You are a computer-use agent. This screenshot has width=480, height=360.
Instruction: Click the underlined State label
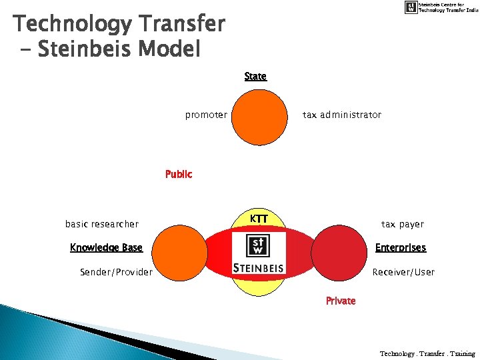coord(255,77)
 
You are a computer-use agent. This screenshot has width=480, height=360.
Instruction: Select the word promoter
coord(206,115)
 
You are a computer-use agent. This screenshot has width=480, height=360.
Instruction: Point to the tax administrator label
coord(342,115)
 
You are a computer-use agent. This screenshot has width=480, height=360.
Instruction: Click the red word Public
coord(179,175)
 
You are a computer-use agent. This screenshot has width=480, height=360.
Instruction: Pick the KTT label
coord(259,219)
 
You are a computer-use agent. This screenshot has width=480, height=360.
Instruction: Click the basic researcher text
coord(102,224)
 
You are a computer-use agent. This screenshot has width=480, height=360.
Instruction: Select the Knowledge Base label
coord(106,248)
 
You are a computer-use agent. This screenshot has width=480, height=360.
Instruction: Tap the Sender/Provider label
coord(116,272)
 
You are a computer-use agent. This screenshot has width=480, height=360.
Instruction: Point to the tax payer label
coord(402,224)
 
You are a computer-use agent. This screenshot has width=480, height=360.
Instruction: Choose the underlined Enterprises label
coord(400,248)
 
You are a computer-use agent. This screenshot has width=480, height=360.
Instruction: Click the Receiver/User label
coord(403,272)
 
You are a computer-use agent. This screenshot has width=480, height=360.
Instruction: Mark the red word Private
coord(341,301)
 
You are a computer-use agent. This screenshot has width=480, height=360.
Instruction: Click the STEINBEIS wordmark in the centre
coord(259,268)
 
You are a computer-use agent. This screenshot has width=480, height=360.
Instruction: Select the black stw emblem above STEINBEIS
coord(258,246)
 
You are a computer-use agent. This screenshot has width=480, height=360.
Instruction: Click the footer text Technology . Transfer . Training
coord(427,353)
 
